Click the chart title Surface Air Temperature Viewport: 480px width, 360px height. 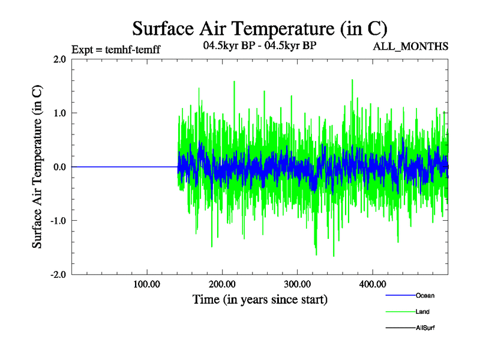[x=259, y=28]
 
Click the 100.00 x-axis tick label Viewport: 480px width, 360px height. [x=147, y=284]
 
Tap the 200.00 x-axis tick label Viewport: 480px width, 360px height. [x=222, y=284]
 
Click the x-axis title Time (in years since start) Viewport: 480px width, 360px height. [x=260, y=299]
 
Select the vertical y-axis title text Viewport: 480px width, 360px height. [x=37, y=167]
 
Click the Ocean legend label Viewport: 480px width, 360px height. [x=425, y=296]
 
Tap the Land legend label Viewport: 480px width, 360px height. [x=422, y=312]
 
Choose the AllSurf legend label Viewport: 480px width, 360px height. [x=425, y=328]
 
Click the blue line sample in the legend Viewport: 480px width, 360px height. [x=400, y=296]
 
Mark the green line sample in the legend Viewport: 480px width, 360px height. [x=400, y=312]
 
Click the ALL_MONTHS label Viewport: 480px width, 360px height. [x=411, y=47]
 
